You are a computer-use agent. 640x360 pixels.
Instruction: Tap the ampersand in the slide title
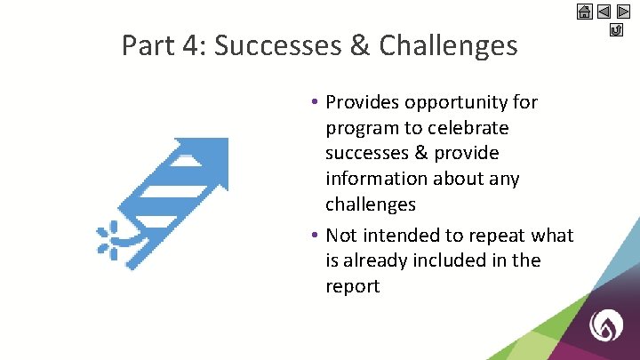pyautogui.click(x=360, y=45)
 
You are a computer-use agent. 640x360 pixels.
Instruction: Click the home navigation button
pyautogui.click(x=584, y=12)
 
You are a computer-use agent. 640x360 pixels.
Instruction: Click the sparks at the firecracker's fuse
pyautogui.click(x=109, y=239)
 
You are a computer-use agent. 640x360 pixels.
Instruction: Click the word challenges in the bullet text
pyautogui.click(x=371, y=204)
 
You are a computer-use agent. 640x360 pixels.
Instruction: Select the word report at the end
pyautogui.click(x=353, y=286)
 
